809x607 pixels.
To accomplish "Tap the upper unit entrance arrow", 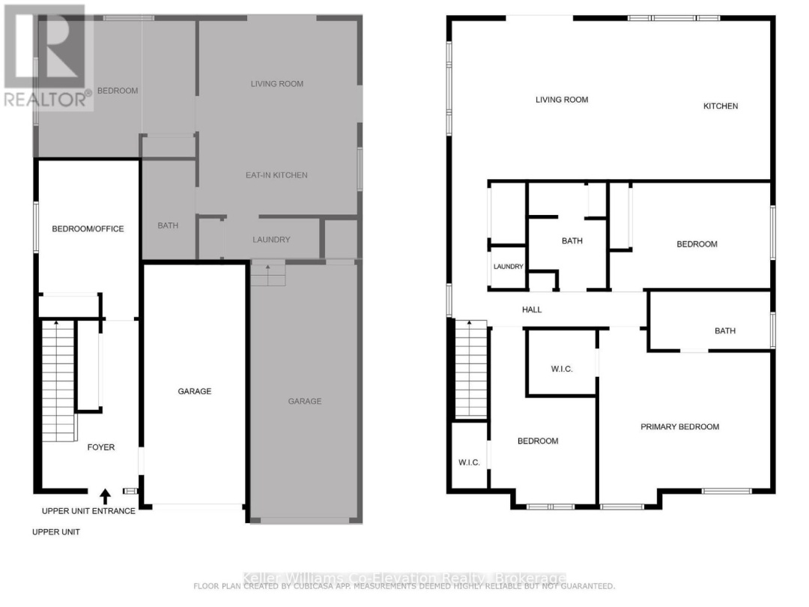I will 105,495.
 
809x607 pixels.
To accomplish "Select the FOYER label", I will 101,447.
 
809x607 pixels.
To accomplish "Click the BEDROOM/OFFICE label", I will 88,229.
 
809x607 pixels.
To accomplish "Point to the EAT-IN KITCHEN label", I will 277,175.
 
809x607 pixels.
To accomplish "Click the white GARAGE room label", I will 194,391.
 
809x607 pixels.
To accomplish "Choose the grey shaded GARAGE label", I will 305,401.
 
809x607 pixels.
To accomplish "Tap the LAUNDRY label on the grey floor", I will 271,240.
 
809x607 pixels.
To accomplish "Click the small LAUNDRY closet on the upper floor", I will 508,267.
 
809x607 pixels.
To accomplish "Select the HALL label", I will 532,309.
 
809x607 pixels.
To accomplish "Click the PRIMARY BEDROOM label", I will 679,426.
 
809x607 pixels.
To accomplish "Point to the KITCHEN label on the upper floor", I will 721,106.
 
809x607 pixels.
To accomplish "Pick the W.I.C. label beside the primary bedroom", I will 562,369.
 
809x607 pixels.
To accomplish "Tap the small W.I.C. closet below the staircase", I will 469,462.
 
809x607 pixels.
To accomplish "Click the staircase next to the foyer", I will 58,382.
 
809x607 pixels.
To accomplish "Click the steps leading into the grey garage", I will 268,274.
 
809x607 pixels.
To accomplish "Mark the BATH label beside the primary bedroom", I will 724,330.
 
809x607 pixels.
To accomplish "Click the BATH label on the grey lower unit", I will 168,226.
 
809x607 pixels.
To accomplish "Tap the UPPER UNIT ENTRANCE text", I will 88,511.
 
